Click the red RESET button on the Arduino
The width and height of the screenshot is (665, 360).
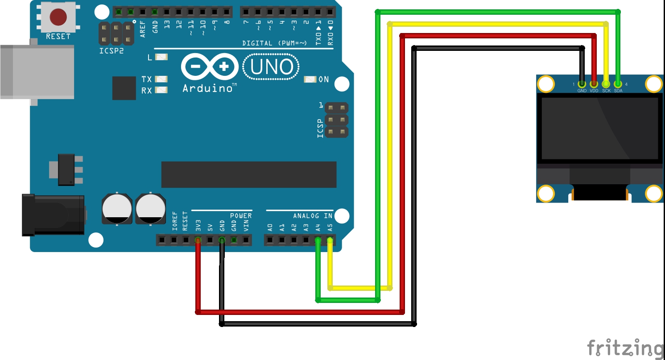click(x=58, y=17)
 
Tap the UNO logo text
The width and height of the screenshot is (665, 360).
click(x=272, y=67)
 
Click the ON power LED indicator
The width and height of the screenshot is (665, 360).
click(x=310, y=79)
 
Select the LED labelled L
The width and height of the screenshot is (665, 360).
click(x=161, y=57)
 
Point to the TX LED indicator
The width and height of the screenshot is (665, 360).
click(x=161, y=79)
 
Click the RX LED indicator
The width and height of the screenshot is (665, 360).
click(x=161, y=90)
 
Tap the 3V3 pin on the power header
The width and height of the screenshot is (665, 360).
click(x=198, y=240)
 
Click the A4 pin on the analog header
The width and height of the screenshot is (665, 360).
click(x=318, y=240)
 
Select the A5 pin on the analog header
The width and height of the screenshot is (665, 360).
click(x=330, y=240)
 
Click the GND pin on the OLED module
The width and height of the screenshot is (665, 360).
click(x=582, y=83)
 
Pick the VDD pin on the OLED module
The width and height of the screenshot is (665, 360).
click(x=594, y=83)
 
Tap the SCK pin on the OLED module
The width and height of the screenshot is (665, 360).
click(x=606, y=83)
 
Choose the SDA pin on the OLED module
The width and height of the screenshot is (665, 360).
click(x=618, y=83)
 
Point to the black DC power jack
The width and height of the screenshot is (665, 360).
click(x=54, y=215)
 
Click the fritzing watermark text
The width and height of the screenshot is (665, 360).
click(x=624, y=348)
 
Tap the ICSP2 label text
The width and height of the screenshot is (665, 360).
click(x=111, y=51)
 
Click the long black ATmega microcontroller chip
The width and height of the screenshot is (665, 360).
click(x=248, y=174)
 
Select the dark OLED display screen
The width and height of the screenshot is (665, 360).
click(x=599, y=128)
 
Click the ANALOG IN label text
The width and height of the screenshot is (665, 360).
click(x=313, y=216)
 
